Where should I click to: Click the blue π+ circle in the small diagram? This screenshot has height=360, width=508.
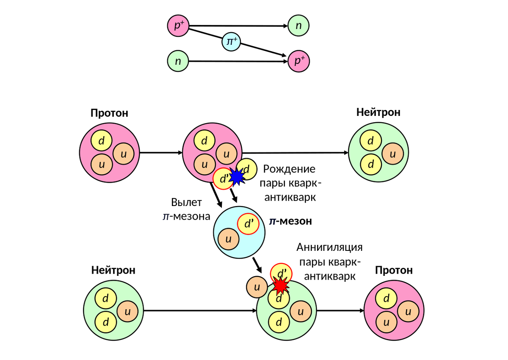[231, 42]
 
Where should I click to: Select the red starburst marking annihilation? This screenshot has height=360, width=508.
[280, 286]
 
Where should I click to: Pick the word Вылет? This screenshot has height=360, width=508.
[187, 202]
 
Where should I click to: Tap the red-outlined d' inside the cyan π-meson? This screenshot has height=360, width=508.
[248, 224]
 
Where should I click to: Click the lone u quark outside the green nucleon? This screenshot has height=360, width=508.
[257, 287]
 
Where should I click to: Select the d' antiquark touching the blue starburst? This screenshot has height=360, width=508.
[223, 179]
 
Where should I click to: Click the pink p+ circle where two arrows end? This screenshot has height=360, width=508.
[299, 61]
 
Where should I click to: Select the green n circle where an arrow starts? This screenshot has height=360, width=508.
[178, 61]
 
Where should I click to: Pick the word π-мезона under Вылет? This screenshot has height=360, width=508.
[187, 216]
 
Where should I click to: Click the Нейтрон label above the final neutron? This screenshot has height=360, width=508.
[378, 112]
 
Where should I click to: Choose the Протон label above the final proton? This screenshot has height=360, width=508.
[394, 270]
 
